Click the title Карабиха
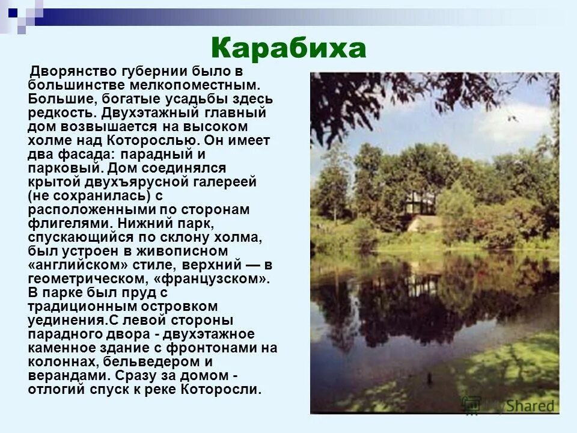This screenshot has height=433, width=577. click(288, 48)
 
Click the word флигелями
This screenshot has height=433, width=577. click(67, 224)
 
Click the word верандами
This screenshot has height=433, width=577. click(67, 376)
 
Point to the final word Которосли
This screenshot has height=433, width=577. click(225, 390)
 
